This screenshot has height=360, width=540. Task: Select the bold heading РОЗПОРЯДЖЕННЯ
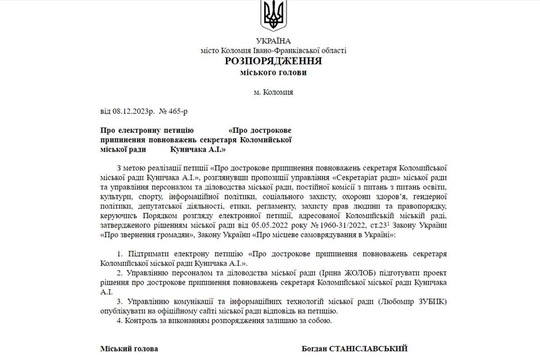pos(274,61)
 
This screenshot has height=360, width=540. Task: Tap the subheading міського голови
pos(274,72)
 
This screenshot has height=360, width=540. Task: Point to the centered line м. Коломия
pos(273,92)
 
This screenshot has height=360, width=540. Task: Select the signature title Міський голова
pos(129,349)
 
